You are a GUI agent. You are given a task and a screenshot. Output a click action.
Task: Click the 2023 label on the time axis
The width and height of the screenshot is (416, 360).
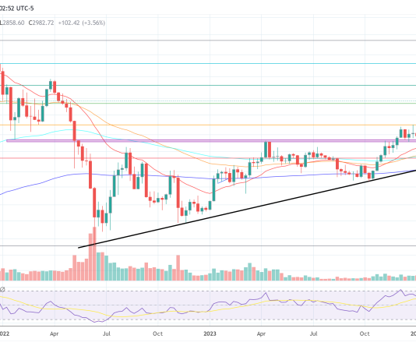pos(210,333)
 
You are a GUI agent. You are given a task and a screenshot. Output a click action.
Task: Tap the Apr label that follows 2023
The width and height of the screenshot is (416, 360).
pos(263,333)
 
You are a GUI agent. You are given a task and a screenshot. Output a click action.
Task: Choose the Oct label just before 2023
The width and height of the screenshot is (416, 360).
pos(157,333)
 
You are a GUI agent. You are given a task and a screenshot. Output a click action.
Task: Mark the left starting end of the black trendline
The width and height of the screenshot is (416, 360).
pos(79,248)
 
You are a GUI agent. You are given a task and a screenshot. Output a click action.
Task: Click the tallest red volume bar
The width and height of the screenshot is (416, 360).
pos(93,253)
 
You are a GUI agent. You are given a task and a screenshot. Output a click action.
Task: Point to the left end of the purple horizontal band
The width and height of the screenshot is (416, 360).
pos(8,140)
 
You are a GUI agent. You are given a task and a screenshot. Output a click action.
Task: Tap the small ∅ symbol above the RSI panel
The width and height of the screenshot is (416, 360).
pos(3,290)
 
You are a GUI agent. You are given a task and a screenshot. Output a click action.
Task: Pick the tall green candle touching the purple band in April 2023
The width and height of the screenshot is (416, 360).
pos(266,151)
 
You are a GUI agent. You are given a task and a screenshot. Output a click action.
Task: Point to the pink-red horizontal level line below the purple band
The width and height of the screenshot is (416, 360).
pos(195,158)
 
